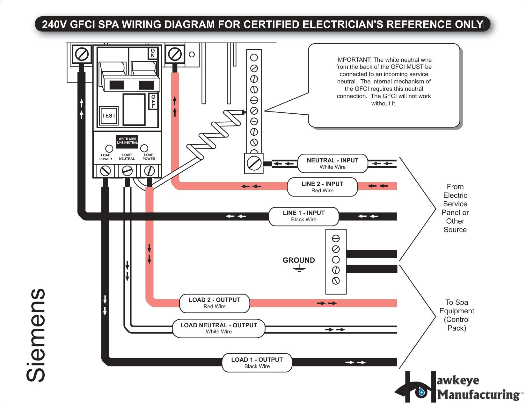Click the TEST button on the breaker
109,116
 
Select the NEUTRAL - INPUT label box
332,163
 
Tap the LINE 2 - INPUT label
322,187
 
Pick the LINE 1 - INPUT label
303,216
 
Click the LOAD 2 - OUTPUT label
214,303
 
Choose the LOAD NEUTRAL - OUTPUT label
218,328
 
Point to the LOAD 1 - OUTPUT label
257,363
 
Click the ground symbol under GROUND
299,269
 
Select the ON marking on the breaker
153,53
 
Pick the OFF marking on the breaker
153,101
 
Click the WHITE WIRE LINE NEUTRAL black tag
127,141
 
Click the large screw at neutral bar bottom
254,163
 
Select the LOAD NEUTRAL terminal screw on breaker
127,171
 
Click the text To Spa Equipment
457,315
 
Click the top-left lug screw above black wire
82,54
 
